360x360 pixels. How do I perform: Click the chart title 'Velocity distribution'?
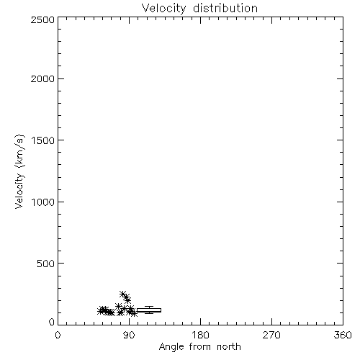coord(199,9)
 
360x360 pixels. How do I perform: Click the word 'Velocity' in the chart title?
coord(164,9)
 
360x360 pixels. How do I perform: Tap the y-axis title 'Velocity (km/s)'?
coord(19,171)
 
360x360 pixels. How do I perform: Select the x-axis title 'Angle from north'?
coord(199,347)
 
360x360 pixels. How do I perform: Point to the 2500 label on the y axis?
coord(42,19)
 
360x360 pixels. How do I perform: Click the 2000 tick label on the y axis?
coord(42,78)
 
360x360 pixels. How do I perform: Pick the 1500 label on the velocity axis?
coord(43,140)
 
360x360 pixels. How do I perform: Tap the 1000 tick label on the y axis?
coord(43,202)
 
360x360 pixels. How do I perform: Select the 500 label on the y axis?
coord(46,264)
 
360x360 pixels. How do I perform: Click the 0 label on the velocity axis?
coord(52,322)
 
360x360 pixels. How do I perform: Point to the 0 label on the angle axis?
coord(58,335)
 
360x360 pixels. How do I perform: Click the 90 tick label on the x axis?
coord(129,335)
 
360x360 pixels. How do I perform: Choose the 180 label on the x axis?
coord(200,335)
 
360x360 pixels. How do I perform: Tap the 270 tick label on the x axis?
coord(271,335)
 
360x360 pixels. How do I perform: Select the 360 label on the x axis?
coord(343,335)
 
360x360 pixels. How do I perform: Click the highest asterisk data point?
coord(123,294)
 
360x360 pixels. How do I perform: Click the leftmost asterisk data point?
coord(101,311)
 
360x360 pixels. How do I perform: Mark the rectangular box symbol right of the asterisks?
coord(149,310)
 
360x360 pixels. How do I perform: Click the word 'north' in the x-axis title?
coord(228,347)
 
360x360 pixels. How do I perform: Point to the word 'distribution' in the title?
coord(225,8)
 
